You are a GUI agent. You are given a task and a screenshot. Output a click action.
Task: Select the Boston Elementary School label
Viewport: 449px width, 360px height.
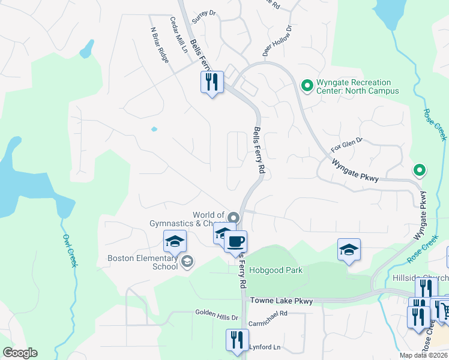pyautogui.click(x=143, y=263)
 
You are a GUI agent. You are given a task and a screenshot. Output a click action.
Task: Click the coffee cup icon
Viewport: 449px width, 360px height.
pyautogui.click(x=235, y=242)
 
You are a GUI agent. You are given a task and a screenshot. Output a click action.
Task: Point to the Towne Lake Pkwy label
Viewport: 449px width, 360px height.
pyautogui.click(x=282, y=301)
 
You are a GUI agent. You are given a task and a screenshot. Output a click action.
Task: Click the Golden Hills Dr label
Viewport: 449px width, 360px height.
pyautogui.click(x=217, y=313)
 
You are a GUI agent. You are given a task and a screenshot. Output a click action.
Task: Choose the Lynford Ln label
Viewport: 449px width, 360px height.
pyautogui.click(x=264, y=347)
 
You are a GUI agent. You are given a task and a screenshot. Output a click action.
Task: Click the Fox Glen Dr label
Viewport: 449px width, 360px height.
pyautogui.click(x=347, y=144)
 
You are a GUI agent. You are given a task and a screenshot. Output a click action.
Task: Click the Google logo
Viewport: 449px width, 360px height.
pyautogui.click(x=19, y=353)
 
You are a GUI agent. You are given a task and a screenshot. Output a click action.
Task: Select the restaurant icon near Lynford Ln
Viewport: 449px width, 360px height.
pyautogui.click(x=237, y=340)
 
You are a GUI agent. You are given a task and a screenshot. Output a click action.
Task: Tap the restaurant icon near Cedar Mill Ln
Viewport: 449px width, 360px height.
pyautogui.click(x=212, y=82)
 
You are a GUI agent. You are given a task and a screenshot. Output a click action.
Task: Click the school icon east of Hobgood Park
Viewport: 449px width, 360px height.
pyautogui.click(x=349, y=249)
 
